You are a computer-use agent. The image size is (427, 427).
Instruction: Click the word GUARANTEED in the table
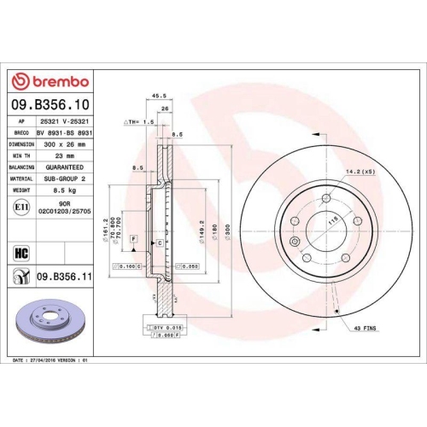61,168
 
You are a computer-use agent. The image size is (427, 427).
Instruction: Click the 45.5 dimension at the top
157,97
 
